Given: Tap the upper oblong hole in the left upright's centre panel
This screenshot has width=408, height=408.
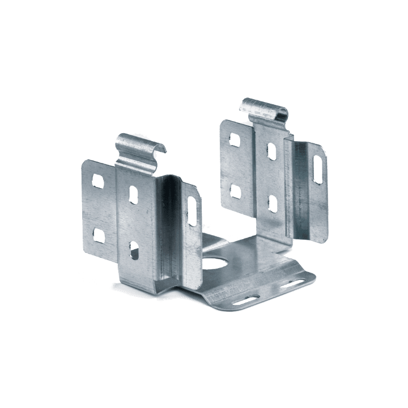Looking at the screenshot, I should coord(134,194).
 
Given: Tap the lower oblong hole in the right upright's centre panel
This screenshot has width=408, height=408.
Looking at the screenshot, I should coord(271,202).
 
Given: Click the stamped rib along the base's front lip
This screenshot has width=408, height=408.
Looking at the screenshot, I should coord(227,295).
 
